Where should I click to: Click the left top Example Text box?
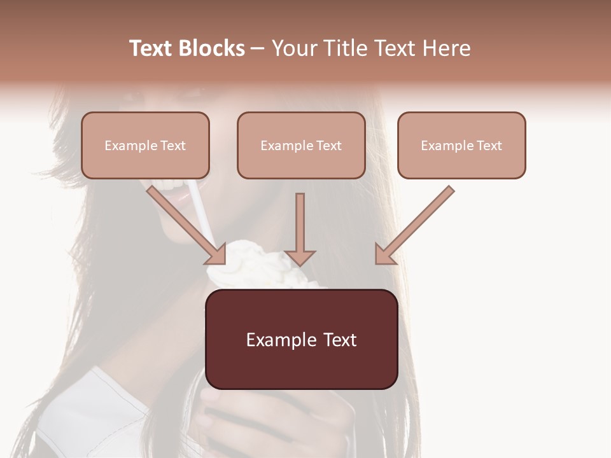click(x=145, y=145)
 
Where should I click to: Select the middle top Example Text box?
click(x=301, y=145)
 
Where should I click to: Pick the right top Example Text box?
click(x=461, y=145)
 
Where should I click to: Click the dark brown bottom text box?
click(x=301, y=339)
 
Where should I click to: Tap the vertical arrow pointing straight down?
click(x=300, y=229)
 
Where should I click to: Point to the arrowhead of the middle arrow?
click(x=300, y=257)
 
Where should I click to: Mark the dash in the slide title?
click(x=258, y=49)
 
